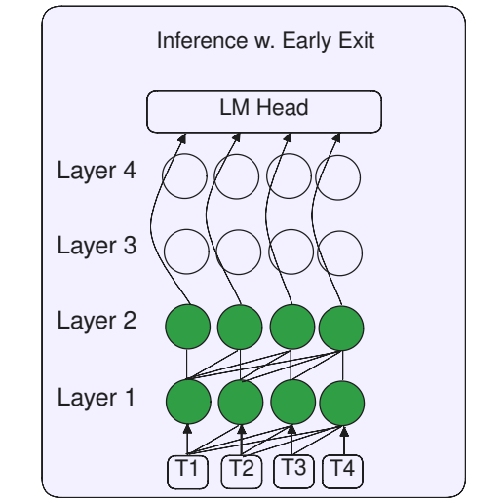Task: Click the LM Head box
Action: [x=262, y=111]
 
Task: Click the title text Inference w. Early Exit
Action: [x=265, y=42]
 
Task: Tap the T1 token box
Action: [x=188, y=469]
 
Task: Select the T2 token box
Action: [x=242, y=469]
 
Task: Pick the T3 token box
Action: [x=292, y=469]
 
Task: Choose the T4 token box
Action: [x=343, y=469]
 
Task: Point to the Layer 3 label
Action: [x=97, y=246]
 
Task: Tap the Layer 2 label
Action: [x=97, y=320]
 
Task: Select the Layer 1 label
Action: [x=97, y=397]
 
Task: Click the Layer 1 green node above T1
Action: [x=189, y=400]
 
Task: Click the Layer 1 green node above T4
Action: [x=341, y=400]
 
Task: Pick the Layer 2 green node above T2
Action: [x=240, y=327]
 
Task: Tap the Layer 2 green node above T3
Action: [x=291, y=327]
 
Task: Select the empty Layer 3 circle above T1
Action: [x=185, y=251]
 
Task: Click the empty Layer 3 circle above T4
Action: [x=339, y=251]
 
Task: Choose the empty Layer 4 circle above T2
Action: [x=236, y=176]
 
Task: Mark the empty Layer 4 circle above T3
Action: [x=289, y=176]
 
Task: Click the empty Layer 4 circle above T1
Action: [x=183, y=176]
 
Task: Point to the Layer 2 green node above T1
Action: [x=189, y=327]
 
